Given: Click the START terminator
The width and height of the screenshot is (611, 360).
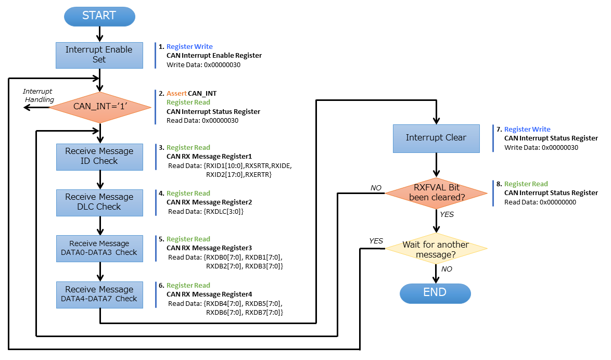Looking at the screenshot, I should (99, 16).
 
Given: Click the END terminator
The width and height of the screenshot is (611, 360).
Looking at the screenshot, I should (435, 292).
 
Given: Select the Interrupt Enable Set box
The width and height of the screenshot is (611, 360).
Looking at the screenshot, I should (99, 55).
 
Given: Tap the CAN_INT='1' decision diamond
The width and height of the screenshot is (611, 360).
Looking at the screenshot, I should (100, 107).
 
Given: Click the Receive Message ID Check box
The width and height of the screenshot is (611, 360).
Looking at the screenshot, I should (99, 156).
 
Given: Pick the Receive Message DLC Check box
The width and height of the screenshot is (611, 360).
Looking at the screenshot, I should (99, 202).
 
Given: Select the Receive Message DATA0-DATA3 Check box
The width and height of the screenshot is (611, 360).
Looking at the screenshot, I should (99, 248).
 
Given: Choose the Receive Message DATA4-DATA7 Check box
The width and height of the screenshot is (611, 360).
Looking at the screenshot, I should (99, 294).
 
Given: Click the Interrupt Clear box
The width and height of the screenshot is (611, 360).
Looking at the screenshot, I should (436, 138).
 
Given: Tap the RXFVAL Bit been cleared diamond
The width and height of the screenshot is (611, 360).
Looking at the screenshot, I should (436, 193).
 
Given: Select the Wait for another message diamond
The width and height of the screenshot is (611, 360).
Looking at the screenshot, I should (436, 249).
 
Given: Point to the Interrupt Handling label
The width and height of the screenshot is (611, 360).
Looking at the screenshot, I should (39, 96).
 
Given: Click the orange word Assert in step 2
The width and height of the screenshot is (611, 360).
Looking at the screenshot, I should (176, 94).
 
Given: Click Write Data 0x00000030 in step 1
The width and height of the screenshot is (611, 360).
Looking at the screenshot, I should (203, 65).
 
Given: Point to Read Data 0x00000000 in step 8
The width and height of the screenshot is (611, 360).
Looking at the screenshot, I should (540, 202).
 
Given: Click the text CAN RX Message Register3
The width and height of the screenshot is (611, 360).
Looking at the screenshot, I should (209, 248).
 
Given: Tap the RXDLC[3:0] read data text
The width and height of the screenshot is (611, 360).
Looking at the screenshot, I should (206, 212).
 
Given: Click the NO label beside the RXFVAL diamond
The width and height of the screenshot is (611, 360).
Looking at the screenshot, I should (375, 188).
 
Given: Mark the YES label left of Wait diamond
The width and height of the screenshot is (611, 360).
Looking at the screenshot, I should (376, 241).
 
